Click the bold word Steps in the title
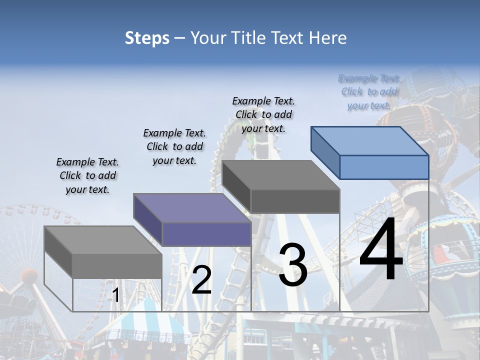147,38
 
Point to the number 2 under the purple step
201,280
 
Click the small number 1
115,295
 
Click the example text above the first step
87,175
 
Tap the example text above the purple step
174,146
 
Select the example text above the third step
263,114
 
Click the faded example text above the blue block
369,91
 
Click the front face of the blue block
384,167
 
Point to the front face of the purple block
206,234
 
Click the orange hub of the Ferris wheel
29,275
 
